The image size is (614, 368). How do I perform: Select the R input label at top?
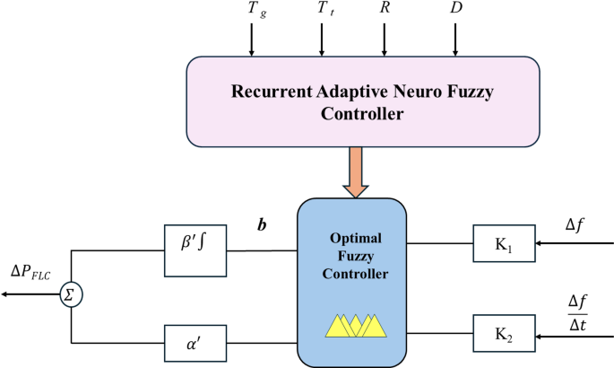(x=385, y=8)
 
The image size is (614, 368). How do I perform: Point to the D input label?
(x=456, y=8)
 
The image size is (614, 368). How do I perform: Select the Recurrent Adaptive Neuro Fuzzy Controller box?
(x=362, y=102)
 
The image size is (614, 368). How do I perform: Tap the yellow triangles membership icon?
(x=357, y=324)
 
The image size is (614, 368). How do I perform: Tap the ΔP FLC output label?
(x=30, y=272)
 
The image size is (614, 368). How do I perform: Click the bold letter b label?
(x=262, y=224)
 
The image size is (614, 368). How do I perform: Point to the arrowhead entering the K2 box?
(x=540, y=337)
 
